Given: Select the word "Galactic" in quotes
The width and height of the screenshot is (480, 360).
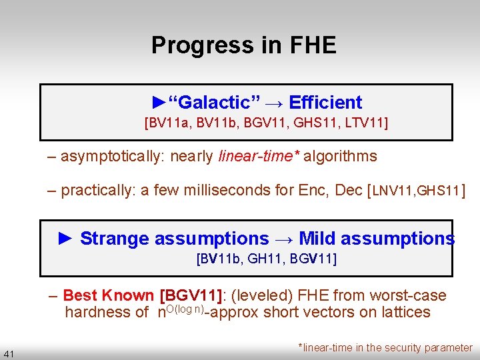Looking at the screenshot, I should pos(213,103).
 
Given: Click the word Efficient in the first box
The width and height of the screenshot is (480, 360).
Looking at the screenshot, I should pos(326,103).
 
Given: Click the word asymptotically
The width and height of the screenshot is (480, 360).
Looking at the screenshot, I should pos(113,157).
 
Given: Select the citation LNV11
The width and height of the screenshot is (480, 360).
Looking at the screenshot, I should pos(393,191).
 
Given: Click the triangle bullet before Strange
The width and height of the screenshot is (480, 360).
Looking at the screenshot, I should pos(65,239).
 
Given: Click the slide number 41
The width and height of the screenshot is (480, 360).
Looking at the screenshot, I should pos(9,353).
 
